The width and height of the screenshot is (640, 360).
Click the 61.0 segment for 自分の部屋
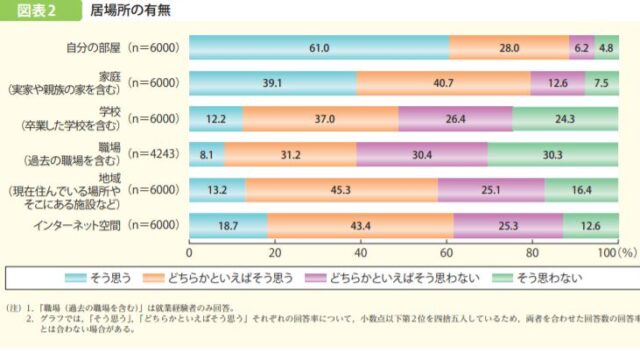tap(319, 47)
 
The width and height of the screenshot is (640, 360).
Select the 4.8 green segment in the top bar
tap(606, 47)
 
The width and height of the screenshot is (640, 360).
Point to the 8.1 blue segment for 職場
tap(207, 155)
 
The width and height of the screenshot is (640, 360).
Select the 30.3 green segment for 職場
tap(553, 155)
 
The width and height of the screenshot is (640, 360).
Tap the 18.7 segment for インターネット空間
tap(229, 227)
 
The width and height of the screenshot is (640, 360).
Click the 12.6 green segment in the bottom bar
tap(589, 227)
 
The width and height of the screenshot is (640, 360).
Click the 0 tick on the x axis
tap(190, 252)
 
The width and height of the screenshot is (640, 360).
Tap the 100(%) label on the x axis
tap(612, 252)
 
